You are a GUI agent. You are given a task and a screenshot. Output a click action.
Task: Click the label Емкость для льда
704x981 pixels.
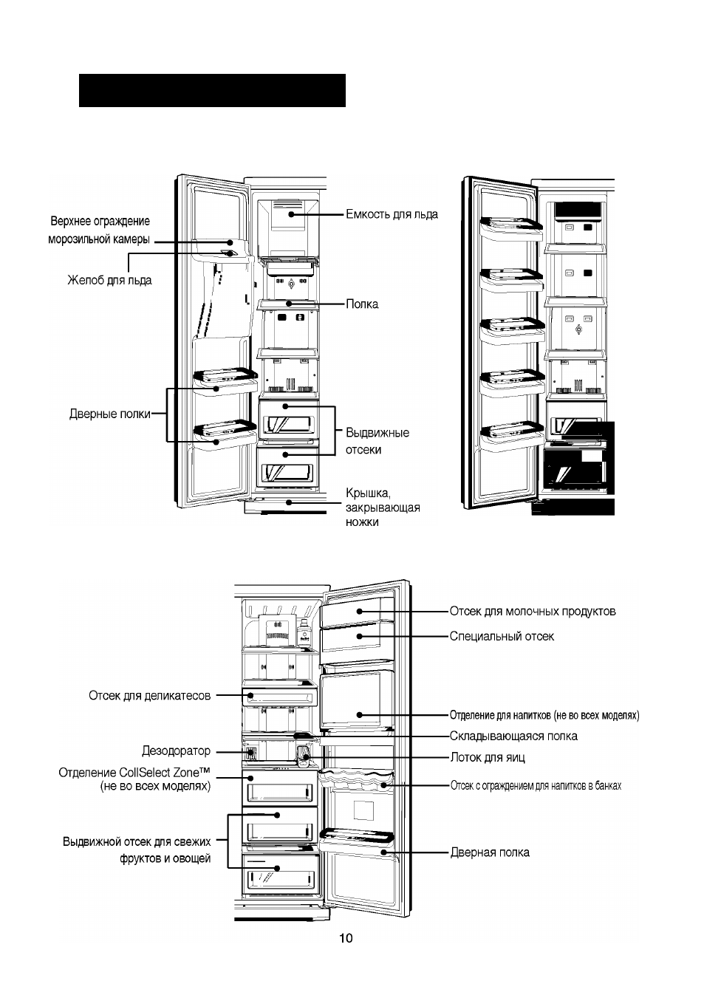click(392, 214)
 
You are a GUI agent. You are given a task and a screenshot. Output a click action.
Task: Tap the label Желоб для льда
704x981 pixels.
click(109, 280)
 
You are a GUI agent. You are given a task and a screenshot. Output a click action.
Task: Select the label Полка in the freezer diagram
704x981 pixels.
click(362, 304)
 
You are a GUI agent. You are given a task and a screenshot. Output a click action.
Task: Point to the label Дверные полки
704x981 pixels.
click(110, 414)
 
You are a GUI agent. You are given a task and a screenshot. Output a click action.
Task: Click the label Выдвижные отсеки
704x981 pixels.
click(377, 441)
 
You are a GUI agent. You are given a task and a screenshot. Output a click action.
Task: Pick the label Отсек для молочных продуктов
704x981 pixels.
click(533, 612)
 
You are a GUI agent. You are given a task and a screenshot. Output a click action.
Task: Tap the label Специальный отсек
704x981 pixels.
click(502, 636)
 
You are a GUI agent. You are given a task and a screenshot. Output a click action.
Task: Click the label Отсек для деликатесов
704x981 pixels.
click(150, 695)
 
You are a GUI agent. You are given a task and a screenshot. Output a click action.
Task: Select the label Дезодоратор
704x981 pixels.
click(176, 751)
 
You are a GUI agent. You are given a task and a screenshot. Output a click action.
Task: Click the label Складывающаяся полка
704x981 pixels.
click(513, 736)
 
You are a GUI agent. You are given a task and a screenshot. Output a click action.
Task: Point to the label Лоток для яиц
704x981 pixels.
click(488, 757)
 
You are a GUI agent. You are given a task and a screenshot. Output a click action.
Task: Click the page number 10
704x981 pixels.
click(346, 938)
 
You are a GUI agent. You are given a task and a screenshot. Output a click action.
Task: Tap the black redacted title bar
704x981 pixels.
click(212, 90)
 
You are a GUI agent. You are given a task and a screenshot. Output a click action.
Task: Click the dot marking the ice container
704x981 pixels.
click(291, 214)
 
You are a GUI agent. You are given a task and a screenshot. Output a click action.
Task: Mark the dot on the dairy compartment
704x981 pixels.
click(359, 612)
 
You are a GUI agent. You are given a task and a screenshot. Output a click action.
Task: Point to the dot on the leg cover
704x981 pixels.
click(289, 502)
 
